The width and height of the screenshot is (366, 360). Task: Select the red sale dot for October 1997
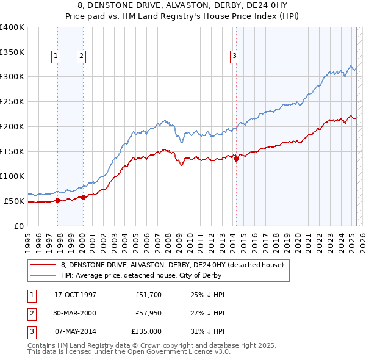[58, 200]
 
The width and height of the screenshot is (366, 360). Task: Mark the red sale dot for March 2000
[83, 197]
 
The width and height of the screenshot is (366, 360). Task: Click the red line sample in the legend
[44, 265]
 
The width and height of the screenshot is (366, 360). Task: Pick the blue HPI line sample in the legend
[44, 276]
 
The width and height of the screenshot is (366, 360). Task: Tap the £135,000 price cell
[146, 331]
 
